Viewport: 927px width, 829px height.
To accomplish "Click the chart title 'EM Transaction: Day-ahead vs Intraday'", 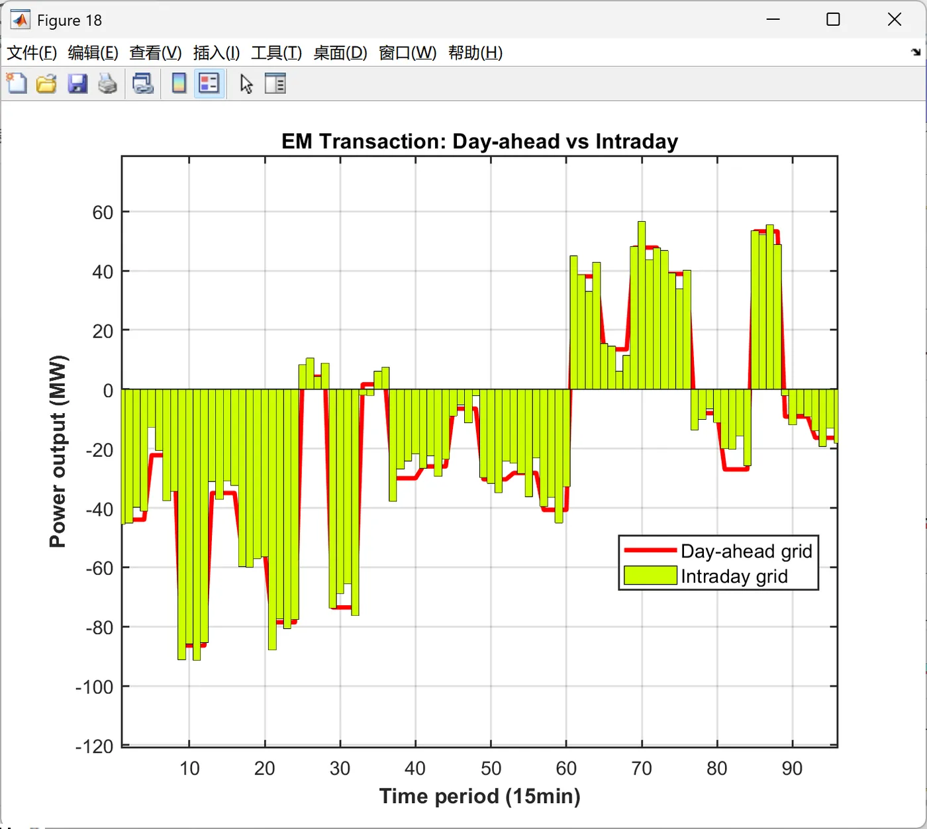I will pos(479,142).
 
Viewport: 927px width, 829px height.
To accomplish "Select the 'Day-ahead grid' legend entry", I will pos(746,551).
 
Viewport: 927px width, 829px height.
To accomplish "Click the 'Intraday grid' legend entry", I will pos(734,576).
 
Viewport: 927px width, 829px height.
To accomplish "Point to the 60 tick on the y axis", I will pos(103,213).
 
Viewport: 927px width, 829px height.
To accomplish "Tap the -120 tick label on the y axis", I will pos(94,747).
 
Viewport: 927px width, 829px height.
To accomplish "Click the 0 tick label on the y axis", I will pos(108,391).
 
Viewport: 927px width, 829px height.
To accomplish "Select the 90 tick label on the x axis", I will pos(792,768).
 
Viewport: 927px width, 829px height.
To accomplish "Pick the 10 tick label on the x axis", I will pos(189,768).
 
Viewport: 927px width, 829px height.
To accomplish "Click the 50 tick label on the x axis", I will pos(491,768).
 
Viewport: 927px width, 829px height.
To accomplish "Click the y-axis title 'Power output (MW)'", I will pos(58,452).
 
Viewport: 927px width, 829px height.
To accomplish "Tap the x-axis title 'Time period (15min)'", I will pos(479,796).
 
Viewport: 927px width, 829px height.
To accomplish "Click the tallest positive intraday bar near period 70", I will pos(642,305).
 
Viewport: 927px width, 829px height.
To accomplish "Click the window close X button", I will pos(895,20).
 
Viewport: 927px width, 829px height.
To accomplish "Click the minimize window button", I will pos(773,20).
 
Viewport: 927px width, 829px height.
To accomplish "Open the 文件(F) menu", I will pos(31,53).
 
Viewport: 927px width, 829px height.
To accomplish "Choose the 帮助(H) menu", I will pos(475,53).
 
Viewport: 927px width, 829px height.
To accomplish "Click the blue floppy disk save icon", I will pos(77,84).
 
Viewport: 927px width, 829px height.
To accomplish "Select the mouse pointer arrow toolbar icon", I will pos(246,84).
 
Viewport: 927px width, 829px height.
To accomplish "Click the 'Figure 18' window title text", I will pos(70,21).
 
